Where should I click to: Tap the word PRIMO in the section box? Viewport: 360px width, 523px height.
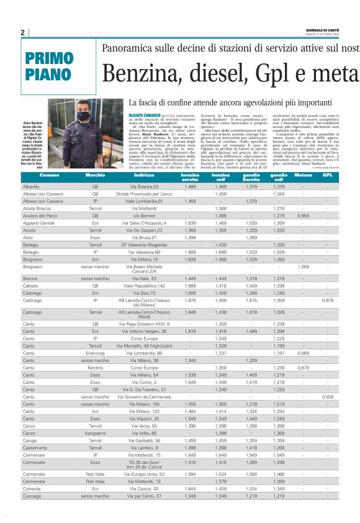coord(50,58)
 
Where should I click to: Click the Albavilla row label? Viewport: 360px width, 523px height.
coord(30,186)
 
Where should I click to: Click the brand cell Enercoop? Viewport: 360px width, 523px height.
coord(95,353)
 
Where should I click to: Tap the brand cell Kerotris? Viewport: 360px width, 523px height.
coord(95,368)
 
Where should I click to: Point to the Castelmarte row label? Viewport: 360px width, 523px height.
coord(34,448)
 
